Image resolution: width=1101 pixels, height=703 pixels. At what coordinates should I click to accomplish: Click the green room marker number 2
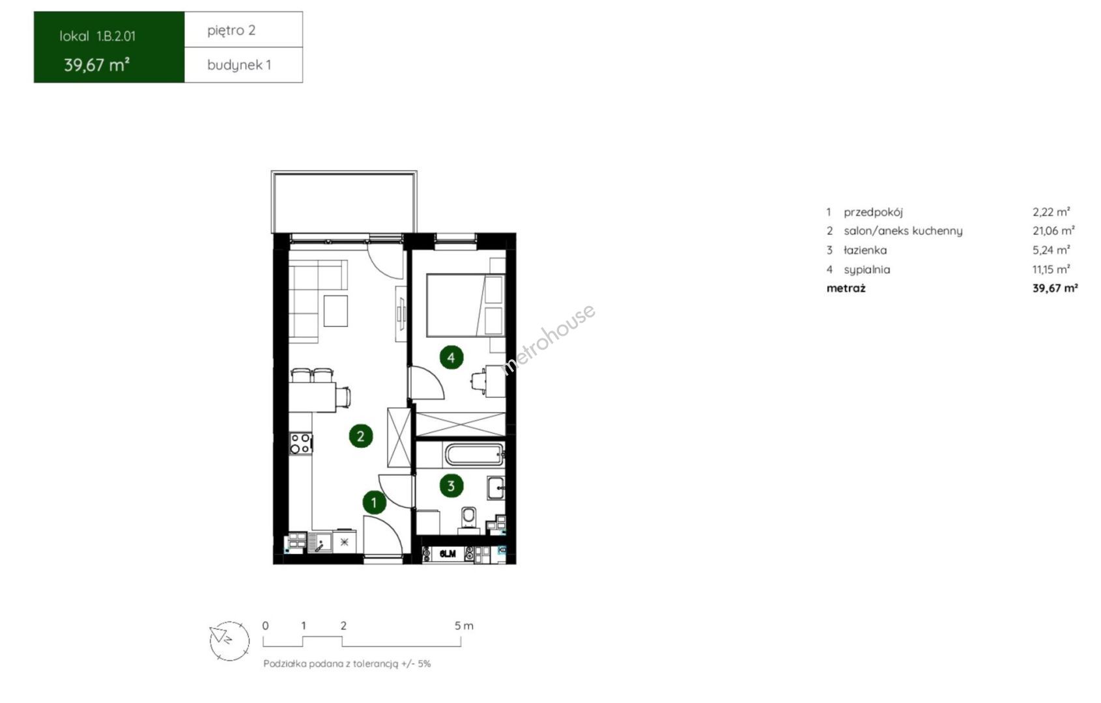360,435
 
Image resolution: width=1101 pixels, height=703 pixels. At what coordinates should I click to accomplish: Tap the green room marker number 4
451,357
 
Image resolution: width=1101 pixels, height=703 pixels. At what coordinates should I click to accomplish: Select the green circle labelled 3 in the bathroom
451,486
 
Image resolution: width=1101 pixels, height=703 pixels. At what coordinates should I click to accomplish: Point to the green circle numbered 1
374,503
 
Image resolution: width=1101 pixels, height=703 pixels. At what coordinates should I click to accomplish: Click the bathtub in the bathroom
474,455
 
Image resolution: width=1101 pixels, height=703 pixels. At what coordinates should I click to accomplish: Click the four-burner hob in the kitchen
300,443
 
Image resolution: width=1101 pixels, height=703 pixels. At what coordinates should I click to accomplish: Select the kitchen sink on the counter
320,543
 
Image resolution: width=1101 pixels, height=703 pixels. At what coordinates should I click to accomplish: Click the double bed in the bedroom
465,305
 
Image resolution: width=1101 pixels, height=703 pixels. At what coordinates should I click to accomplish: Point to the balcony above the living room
344,202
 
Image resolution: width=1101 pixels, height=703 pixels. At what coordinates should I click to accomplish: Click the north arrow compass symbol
229,641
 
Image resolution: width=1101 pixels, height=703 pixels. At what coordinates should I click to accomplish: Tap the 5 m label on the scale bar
463,626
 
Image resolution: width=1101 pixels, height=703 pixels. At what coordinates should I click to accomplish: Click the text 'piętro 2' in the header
231,31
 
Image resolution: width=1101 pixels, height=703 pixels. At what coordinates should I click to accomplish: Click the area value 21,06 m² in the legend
1053,230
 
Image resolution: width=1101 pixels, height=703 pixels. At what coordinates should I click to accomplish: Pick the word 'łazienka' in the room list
865,250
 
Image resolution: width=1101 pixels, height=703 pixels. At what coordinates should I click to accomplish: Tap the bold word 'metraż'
846,288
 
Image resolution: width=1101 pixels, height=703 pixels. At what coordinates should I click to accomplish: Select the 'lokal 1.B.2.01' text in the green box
97,36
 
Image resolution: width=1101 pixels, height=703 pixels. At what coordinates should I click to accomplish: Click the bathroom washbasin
495,488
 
